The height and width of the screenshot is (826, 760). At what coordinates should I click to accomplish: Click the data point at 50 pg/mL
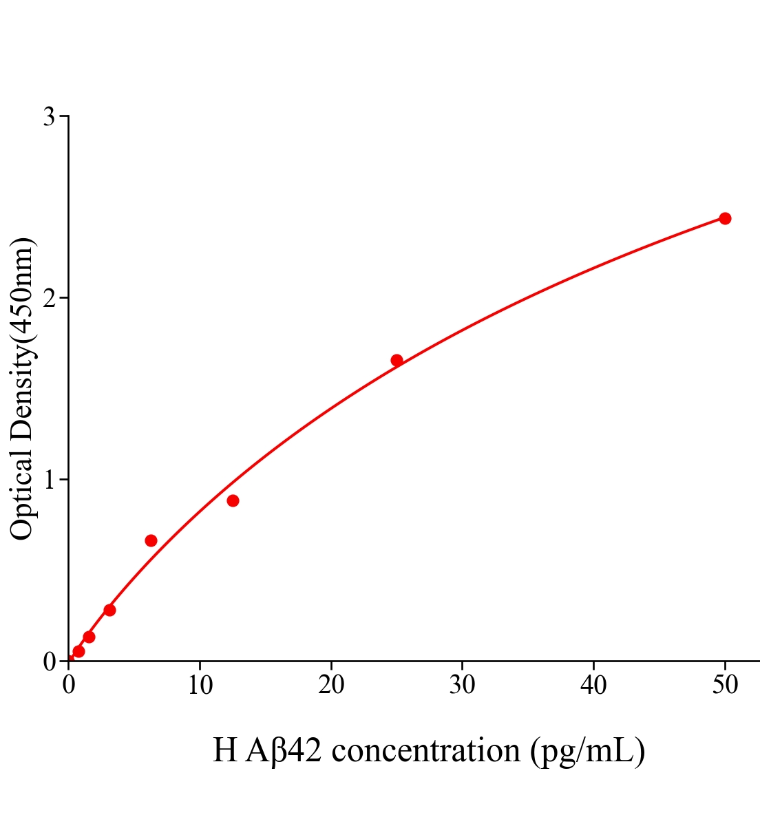(724, 218)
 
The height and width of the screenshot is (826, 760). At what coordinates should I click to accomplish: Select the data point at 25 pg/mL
(397, 360)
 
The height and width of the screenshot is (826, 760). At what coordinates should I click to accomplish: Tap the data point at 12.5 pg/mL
(233, 500)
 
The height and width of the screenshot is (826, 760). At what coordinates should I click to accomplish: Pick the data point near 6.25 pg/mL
(151, 540)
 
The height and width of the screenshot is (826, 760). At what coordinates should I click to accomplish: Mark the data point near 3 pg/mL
(109, 610)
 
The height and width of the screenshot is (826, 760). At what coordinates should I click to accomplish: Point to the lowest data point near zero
(78, 651)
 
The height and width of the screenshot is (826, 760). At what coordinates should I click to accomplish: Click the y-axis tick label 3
(49, 117)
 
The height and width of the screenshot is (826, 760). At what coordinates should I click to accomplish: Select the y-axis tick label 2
(49, 298)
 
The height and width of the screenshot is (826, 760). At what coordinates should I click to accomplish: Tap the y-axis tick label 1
(49, 480)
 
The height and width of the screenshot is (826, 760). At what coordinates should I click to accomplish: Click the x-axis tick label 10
(200, 685)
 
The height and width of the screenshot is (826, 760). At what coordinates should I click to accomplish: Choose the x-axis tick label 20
(331, 685)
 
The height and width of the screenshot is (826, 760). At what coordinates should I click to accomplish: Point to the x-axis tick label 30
(462, 685)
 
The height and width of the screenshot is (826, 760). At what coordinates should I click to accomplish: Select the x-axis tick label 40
(593, 685)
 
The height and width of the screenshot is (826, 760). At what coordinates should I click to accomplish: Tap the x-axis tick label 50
(724, 685)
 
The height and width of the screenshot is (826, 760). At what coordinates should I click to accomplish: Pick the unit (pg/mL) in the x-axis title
(588, 751)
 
